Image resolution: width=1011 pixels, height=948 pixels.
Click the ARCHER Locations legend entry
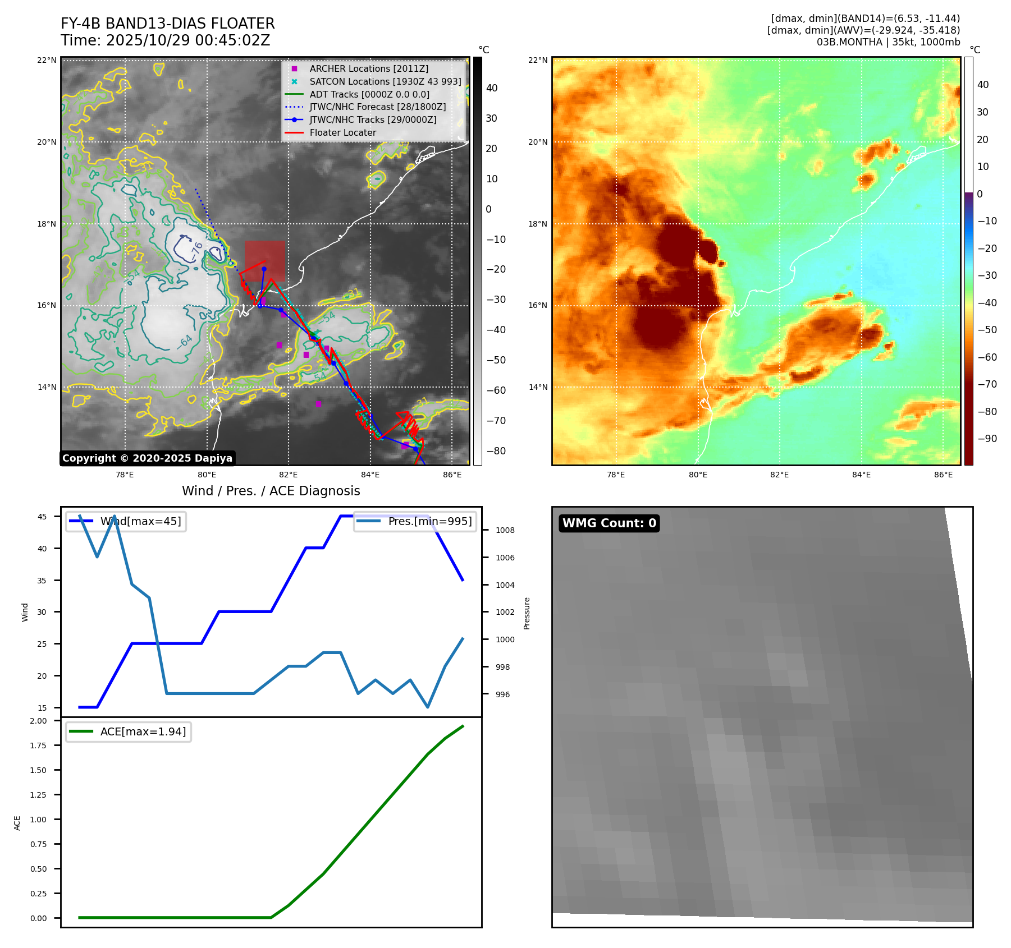click(368, 68)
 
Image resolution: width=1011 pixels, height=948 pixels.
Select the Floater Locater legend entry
click(342, 132)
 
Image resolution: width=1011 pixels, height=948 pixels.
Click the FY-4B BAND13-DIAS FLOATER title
click(167, 24)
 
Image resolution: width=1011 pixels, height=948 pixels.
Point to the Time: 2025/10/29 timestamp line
click(165, 40)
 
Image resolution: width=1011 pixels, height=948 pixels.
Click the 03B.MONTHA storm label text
click(888, 42)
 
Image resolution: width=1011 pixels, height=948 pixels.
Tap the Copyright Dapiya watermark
click(147, 458)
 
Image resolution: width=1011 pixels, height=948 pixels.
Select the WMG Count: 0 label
click(609, 523)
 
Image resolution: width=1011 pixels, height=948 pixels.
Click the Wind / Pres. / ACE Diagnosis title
click(271, 491)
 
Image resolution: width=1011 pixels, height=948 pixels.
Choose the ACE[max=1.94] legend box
click(129, 731)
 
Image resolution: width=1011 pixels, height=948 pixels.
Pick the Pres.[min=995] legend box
click(415, 521)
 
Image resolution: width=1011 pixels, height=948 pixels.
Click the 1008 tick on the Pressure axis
click(505, 530)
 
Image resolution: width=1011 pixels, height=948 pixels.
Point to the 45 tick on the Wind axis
click(42, 517)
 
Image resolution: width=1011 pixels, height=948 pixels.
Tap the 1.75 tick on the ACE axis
click(38, 745)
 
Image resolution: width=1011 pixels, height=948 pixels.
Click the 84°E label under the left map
click(370, 475)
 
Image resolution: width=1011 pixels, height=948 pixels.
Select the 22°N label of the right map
click(537, 61)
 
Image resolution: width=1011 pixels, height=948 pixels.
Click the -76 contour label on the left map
click(196, 250)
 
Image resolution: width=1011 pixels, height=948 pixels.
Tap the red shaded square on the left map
click(264, 261)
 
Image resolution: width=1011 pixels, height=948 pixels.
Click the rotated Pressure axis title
click(527, 613)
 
